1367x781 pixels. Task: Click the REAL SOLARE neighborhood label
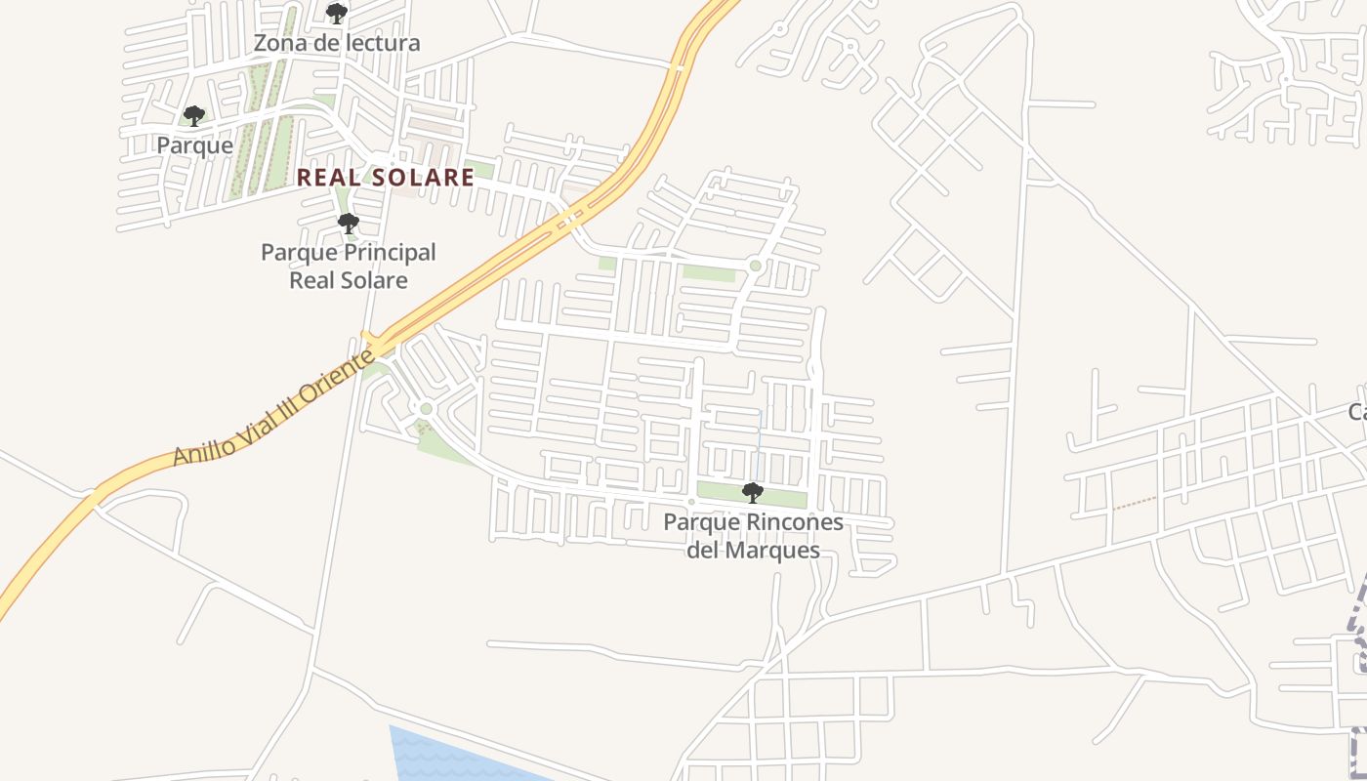pyautogui.click(x=385, y=178)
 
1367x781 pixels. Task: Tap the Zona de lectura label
pyautogui.click(x=337, y=43)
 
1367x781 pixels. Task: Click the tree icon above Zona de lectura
pyautogui.click(x=337, y=14)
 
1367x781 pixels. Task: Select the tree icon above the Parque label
pyautogui.click(x=194, y=117)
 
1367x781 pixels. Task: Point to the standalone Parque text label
pyautogui.click(x=195, y=145)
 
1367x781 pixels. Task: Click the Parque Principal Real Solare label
pyautogui.click(x=349, y=266)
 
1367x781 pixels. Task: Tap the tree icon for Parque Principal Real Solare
pyautogui.click(x=348, y=225)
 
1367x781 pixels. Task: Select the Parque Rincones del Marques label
pyautogui.click(x=753, y=536)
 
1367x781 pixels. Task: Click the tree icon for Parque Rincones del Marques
pyautogui.click(x=752, y=492)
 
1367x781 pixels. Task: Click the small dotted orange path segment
pyautogui.click(x=1134, y=503)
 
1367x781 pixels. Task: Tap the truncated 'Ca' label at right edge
pyautogui.click(x=1356, y=412)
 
